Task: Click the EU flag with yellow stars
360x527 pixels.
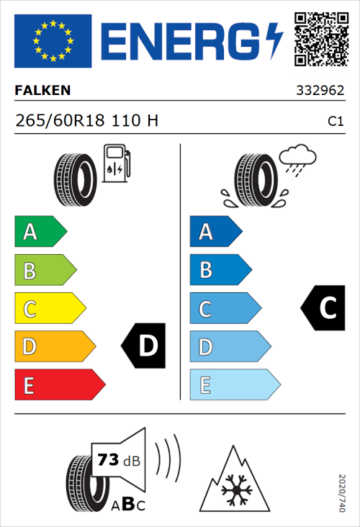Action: (x=53, y=41)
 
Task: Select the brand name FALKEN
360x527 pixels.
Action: (x=43, y=91)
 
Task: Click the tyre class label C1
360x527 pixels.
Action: (x=335, y=122)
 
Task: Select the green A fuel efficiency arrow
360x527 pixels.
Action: (x=40, y=232)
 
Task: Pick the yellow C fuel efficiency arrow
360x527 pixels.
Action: (x=49, y=309)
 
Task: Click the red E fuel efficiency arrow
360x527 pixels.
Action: (x=59, y=385)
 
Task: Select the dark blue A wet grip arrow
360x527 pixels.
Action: (x=215, y=232)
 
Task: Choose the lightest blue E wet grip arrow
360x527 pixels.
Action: (x=234, y=385)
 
